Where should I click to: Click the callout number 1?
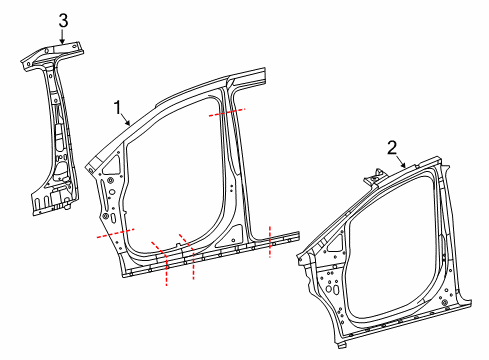pos(117,105)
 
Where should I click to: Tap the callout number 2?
pos(393,147)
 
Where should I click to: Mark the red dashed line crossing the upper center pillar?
pos(225,113)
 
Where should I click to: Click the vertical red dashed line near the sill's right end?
pos(270,242)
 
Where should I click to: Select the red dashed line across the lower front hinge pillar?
pos(113,233)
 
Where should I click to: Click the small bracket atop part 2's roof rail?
pos(374,178)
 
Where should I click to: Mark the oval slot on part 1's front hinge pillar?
pos(113,214)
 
